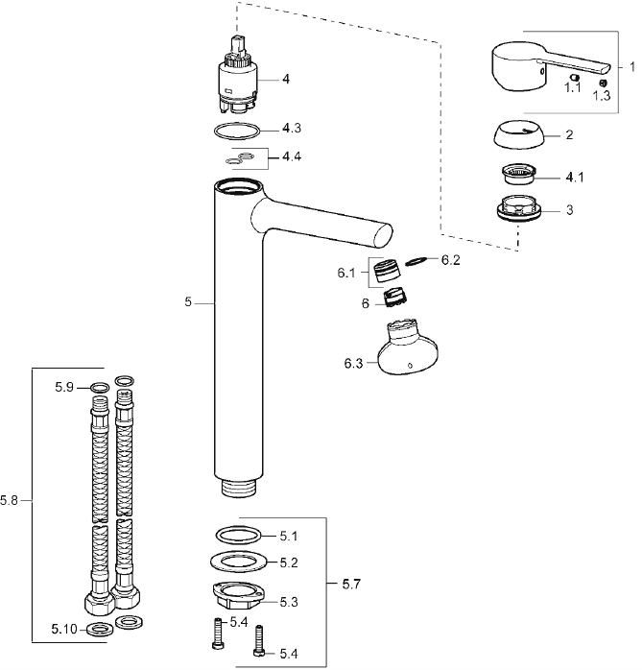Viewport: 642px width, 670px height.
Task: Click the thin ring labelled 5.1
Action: [236, 535]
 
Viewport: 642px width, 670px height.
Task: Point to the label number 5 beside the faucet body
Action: [189, 302]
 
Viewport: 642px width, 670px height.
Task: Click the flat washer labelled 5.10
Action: [97, 631]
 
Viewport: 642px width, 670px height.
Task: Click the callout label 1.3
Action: [602, 95]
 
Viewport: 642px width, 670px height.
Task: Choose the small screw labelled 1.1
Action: [574, 76]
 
